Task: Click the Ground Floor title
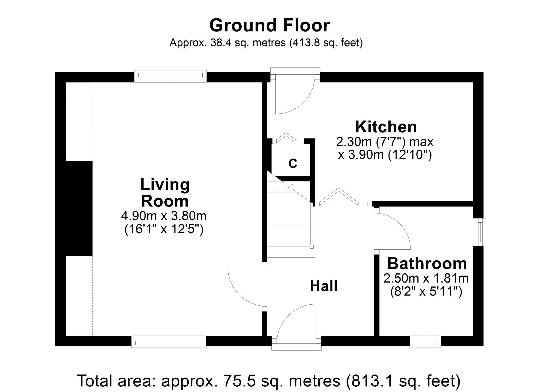pos(269,25)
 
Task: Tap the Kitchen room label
pos(386,127)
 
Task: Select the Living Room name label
pos(165,193)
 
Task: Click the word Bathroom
pos(427,263)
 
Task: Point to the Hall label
pos(324,286)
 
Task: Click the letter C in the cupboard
pos(293,163)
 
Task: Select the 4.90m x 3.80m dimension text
pos(164,216)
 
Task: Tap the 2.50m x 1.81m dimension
pos(426,278)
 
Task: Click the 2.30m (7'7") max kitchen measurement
pos(385,142)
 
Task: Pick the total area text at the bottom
pos(269,381)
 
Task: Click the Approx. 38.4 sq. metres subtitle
pos(266,43)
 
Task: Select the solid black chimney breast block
pos(79,209)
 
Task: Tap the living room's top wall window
pos(170,76)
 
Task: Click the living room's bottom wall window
pos(169,342)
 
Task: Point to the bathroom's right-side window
pos(479,232)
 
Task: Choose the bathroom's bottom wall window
pos(425,342)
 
